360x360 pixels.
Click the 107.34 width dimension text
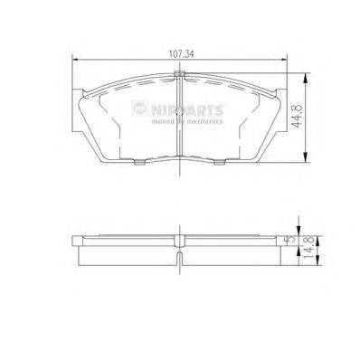pyautogui.click(x=180, y=52)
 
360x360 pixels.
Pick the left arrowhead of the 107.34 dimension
pyautogui.click(x=75, y=61)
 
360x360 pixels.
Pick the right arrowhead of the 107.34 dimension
pyautogui.click(x=285, y=61)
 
